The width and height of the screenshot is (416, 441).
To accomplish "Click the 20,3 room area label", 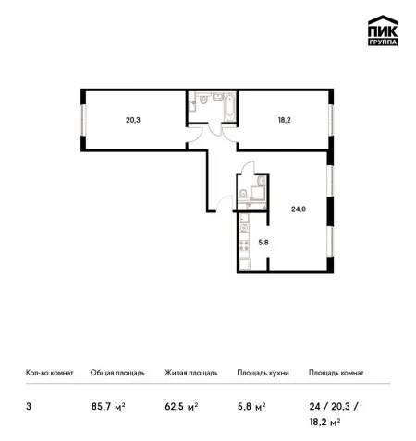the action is [133, 120].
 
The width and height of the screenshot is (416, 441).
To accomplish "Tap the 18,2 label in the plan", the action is [285, 120].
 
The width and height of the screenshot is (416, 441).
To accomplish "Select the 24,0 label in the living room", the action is [299, 209].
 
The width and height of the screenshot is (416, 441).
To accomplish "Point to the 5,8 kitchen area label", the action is [263, 243].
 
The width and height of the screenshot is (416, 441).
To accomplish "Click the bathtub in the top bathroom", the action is [229, 107].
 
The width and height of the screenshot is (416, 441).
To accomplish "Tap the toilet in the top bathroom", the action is [203, 99].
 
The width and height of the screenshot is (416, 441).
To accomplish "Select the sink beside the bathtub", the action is [218, 97].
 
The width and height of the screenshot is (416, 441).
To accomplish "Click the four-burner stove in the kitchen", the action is [244, 245].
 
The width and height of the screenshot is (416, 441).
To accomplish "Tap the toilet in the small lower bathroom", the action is [243, 193].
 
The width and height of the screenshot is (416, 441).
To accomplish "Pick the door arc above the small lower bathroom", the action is [249, 167].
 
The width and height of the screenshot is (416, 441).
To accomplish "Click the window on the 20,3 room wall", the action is [83, 120].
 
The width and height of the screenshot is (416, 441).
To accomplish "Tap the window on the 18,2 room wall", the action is [331, 120].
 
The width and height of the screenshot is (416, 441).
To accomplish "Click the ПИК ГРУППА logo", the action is [383, 30].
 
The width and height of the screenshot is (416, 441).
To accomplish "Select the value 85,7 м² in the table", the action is [108, 407].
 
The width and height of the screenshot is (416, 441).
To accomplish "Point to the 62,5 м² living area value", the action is [181, 407].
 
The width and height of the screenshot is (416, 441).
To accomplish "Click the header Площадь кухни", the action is [263, 373].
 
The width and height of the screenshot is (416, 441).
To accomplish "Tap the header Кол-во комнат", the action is [50, 373].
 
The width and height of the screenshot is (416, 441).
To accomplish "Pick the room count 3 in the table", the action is [29, 407].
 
